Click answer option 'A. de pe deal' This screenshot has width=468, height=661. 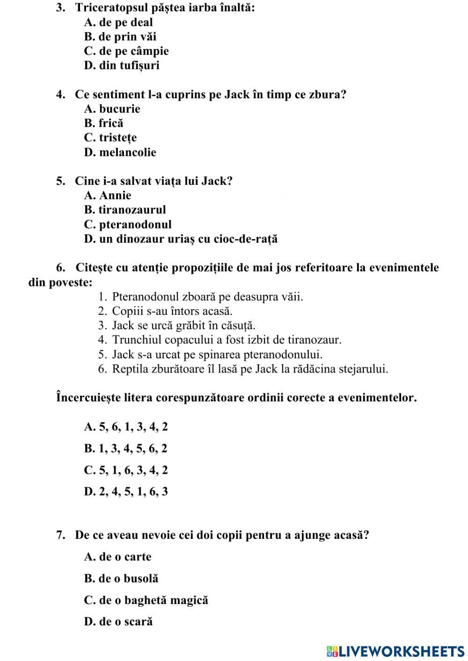118,22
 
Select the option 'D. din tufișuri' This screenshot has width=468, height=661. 122,65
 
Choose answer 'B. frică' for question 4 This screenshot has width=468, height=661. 104,123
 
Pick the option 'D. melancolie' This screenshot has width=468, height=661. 120,153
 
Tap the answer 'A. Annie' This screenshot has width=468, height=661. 108,196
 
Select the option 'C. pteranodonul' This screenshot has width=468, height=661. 128,225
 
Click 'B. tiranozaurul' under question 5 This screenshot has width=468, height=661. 125,210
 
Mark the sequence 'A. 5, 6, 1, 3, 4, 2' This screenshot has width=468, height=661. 126,427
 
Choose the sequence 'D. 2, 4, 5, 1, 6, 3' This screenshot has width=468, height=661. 126,492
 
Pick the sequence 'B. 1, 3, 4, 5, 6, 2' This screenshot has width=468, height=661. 126,449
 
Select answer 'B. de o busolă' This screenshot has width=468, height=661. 121,579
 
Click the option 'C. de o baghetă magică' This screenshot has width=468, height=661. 146,600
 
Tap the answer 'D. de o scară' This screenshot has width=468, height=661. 118,622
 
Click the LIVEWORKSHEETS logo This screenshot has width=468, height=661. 395,651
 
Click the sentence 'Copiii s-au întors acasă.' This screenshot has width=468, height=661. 172,311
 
